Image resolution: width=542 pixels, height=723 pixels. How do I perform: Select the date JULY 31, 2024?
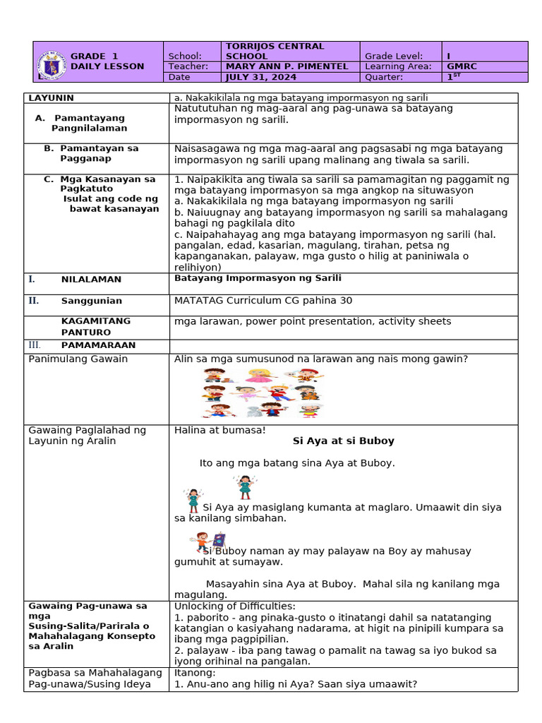255,77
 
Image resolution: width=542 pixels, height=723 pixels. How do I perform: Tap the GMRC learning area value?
462,66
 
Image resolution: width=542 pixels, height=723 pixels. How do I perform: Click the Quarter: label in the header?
384,77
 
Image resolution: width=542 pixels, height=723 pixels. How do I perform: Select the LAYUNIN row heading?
52,97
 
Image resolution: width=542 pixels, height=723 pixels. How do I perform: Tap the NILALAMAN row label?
91,280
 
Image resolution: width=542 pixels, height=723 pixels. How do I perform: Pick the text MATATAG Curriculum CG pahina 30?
263,301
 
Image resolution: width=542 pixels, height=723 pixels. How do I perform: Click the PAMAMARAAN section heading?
98,345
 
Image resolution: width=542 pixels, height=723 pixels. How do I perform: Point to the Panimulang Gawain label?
78,359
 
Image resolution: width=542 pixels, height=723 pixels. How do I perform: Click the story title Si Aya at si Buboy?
343,441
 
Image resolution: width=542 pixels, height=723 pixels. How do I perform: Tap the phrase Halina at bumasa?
219,429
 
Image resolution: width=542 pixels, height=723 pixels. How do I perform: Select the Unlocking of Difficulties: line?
235,606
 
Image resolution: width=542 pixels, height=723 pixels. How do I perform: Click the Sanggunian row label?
91,301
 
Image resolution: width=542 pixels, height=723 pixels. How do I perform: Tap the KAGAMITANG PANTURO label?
95,326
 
